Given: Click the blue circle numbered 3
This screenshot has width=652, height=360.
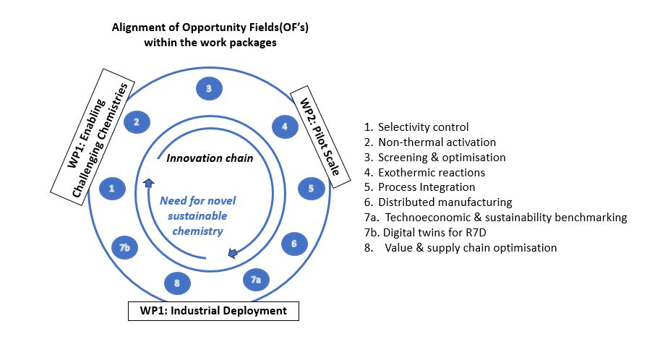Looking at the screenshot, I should click(208, 89).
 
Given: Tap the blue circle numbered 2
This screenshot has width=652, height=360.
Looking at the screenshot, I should click(136, 121).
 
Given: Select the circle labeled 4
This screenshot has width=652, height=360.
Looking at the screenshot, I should click(285, 127).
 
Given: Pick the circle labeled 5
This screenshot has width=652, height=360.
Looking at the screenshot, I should click(311, 189).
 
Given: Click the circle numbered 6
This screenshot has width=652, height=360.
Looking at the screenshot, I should click(294, 244).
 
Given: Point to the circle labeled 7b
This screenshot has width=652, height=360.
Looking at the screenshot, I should click(125, 248).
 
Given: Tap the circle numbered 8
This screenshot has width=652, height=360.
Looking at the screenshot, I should click(177, 283).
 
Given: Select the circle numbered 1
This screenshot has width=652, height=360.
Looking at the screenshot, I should click(111, 189).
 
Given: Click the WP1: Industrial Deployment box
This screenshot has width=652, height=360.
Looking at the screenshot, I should click(213, 311).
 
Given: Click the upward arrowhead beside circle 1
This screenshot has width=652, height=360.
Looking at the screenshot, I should click(147, 184).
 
